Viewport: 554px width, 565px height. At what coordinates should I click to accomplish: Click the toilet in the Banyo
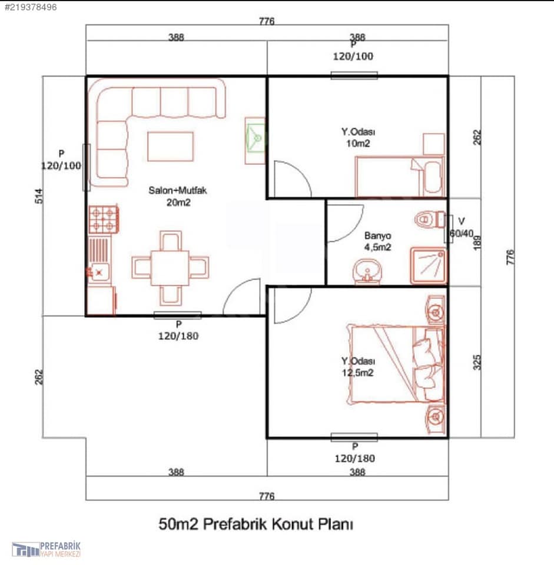pyautogui.click(x=430, y=219)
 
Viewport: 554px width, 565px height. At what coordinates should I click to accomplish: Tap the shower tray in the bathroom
pyautogui.click(x=429, y=265)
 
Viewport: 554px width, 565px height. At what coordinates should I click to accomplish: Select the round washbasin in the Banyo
pyautogui.click(x=367, y=271)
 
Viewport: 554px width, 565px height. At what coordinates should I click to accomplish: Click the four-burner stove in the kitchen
pyautogui.click(x=104, y=219)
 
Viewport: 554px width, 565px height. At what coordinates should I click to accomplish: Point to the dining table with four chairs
pyautogui.click(x=170, y=268)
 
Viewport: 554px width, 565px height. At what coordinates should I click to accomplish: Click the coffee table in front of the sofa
pyautogui.click(x=171, y=147)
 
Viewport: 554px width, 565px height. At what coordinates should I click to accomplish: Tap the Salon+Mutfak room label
pyautogui.click(x=178, y=196)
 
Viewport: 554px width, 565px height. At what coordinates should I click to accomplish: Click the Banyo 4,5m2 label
pyautogui.click(x=377, y=241)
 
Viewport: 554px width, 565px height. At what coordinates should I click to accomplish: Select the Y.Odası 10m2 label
pyautogui.click(x=358, y=137)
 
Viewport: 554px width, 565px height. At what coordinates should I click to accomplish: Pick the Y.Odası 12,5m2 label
pyautogui.click(x=358, y=367)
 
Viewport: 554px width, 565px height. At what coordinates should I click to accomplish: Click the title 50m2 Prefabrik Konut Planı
pyautogui.click(x=256, y=524)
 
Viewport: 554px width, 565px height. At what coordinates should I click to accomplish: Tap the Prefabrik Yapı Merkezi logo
pyautogui.click(x=46, y=549)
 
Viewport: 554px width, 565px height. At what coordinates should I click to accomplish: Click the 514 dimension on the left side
pyautogui.click(x=39, y=196)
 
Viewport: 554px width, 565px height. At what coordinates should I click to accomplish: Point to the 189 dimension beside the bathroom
pyautogui.click(x=477, y=242)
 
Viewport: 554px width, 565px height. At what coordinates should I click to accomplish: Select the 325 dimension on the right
pyautogui.click(x=477, y=362)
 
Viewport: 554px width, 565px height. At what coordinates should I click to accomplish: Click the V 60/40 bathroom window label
pyautogui.click(x=462, y=228)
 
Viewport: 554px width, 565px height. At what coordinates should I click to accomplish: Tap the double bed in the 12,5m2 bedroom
pyautogui.click(x=396, y=364)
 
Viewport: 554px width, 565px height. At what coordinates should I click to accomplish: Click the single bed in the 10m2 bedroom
pyautogui.click(x=399, y=176)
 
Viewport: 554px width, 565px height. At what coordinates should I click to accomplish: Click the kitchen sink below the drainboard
pyautogui.click(x=99, y=272)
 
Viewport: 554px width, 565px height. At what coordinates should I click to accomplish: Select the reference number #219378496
pyautogui.click(x=30, y=7)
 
